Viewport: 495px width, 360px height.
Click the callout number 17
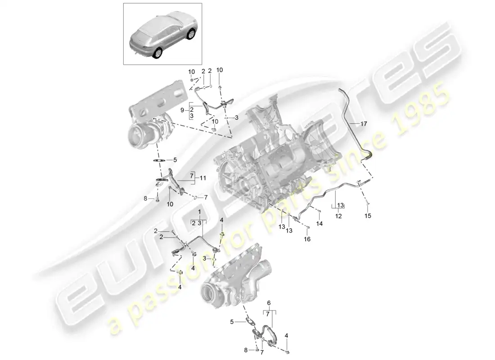click(x=363, y=123)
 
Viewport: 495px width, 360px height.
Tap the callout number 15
click(x=368, y=216)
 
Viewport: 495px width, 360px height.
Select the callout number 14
click(x=319, y=223)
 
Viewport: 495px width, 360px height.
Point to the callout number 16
click(x=307, y=239)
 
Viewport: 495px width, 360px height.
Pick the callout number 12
click(x=338, y=216)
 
